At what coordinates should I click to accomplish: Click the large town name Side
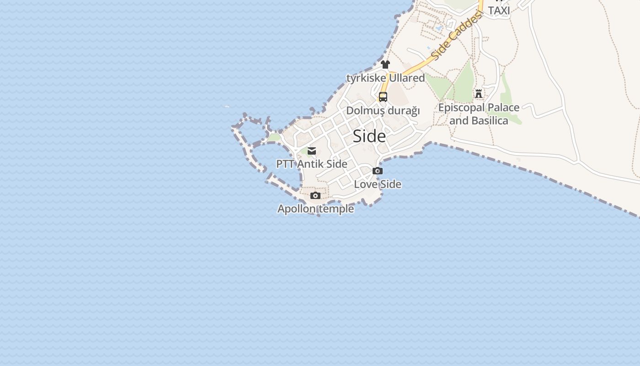point(369,136)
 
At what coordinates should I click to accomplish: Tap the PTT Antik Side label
point(312,164)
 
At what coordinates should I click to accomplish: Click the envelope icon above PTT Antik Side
point(312,151)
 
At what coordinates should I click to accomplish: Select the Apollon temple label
point(316,209)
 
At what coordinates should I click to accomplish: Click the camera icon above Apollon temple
point(315,196)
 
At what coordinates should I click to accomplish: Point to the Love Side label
point(378,184)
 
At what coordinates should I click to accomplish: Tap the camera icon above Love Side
point(378,171)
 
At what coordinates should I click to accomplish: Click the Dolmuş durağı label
point(383,111)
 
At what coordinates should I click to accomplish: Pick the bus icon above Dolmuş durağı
point(383,97)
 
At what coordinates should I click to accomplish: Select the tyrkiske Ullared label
point(386,78)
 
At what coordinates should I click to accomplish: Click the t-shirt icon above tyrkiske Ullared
point(385,65)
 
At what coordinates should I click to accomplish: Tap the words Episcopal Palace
point(479,108)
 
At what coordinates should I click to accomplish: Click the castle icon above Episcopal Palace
point(479,94)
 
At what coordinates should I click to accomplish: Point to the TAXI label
point(499,10)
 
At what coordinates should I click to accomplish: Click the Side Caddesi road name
point(456,37)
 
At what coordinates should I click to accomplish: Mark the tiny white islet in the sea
point(227,107)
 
